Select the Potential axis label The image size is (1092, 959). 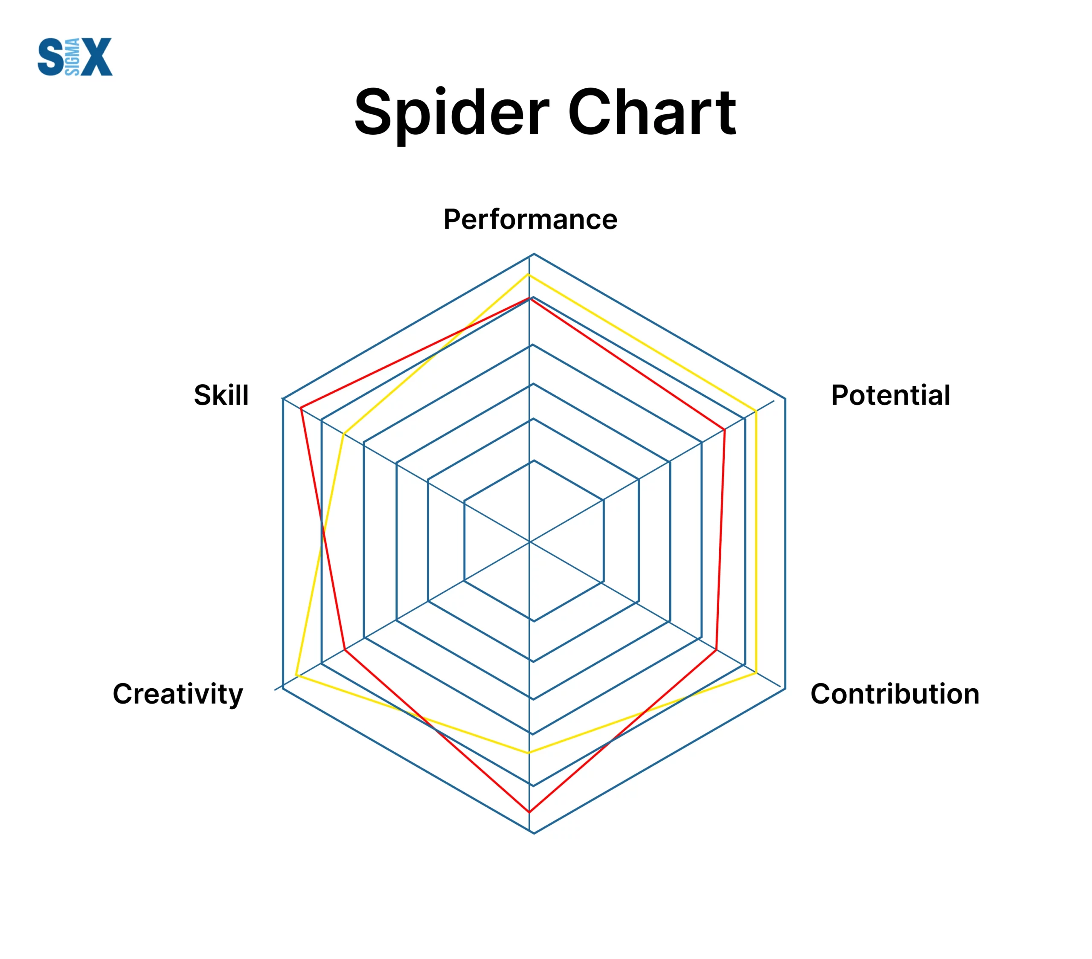tap(890, 395)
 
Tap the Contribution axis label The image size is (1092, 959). tap(895, 694)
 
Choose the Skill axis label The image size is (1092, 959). tap(221, 395)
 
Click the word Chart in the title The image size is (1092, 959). tap(652, 112)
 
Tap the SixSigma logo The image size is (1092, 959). tap(75, 57)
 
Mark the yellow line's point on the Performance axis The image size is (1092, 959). tap(529, 275)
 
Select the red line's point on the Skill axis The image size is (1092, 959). tap(301, 409)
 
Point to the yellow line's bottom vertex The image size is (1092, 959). tap(529, 753)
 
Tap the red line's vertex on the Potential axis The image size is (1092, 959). tap(724, 429)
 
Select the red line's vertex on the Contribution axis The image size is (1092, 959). tap(716, 650)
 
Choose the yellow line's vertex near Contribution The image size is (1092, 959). tap(756, 673)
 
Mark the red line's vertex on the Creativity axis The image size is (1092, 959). tap(345, 650)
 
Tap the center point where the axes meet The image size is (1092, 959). tap(529, 542)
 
